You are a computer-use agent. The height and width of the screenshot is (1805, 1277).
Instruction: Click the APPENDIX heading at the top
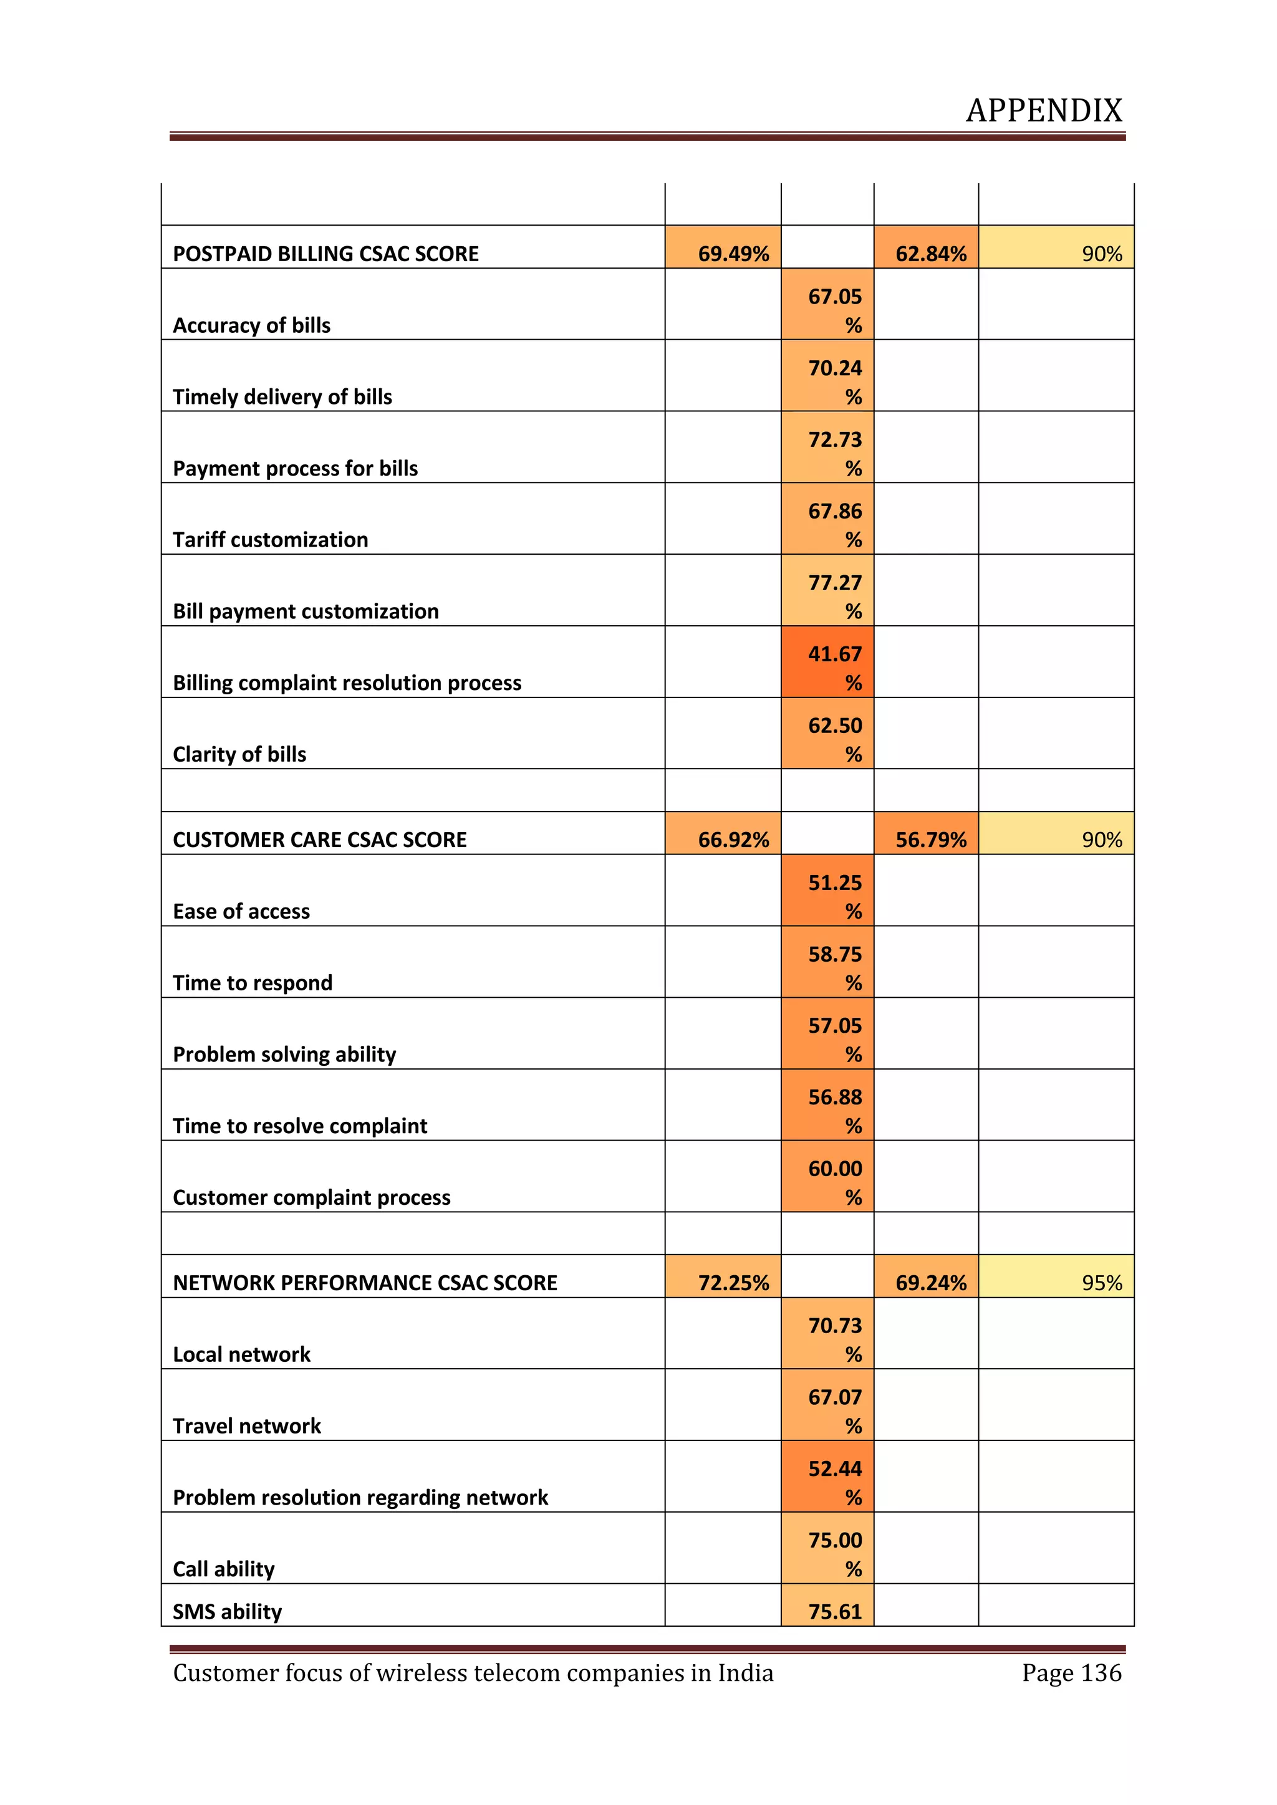coord(1043,111)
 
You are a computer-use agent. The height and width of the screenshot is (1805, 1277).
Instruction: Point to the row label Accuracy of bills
coord(252,325)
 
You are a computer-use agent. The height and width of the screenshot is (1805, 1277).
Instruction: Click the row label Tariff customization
coord(271,540)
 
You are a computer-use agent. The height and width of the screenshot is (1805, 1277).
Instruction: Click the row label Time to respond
coord(253,983)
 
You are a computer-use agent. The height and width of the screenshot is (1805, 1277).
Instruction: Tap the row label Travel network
coord(247,1426)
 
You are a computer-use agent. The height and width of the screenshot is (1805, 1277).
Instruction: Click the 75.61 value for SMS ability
coord(834,1612)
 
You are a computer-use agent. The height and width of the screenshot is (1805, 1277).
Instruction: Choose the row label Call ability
coord(224,1569)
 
